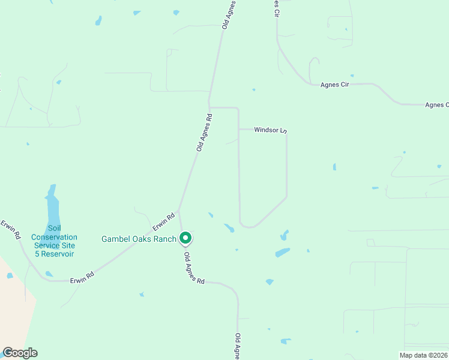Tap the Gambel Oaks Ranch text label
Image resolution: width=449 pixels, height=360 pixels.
[139, 239]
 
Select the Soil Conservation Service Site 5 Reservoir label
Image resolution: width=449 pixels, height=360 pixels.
[54, 241]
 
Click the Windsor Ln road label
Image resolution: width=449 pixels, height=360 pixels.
[271, 130]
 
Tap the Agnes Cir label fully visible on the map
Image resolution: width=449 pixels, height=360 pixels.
[334, 85]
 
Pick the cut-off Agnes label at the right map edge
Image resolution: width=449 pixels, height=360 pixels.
[436, 105]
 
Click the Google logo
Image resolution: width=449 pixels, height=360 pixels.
[20, 353]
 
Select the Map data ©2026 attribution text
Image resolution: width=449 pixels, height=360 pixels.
[423, 355]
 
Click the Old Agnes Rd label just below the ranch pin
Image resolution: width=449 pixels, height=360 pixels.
[194, 268]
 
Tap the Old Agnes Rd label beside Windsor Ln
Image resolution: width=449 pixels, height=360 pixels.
[204, 132]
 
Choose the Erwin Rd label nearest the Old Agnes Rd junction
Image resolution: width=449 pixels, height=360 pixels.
[163, 221]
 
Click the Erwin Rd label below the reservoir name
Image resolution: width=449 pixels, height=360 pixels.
[82, 278]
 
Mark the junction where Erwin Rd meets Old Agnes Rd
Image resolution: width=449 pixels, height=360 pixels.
[178, 211]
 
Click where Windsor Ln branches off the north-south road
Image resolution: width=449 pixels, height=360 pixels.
[239, 129]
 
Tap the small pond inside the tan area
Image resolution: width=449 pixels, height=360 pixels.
[10, 275]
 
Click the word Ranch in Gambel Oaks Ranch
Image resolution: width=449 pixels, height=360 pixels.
[165, 239]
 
